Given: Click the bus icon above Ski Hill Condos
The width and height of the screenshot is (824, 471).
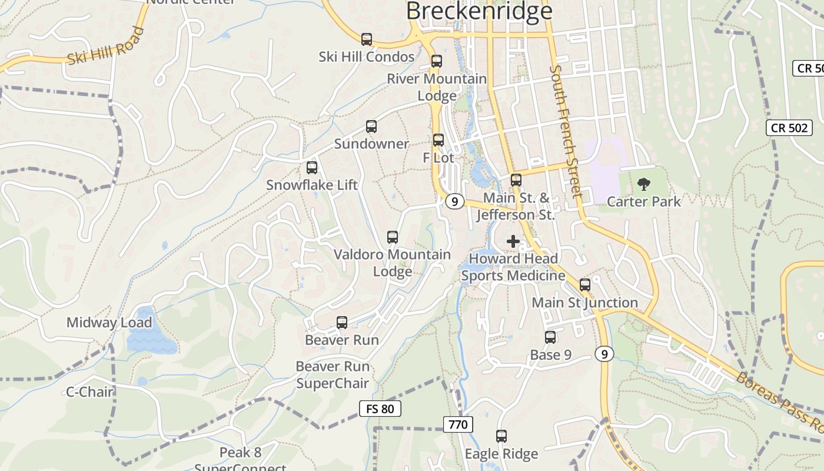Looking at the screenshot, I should (x=367, y=39).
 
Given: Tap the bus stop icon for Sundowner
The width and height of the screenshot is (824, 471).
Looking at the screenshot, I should (x=371, y=127).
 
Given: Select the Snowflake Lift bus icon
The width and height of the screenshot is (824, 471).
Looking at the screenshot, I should (x=312, y=168).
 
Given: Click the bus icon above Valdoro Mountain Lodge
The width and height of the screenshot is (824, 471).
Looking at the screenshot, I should (x=393, y=237).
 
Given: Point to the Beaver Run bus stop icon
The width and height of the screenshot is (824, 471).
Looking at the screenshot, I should (x=342, y=323).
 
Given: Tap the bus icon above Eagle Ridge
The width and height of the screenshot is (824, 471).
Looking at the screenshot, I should (x=501, y=436).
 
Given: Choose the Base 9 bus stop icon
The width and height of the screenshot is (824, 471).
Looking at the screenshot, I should (x=550, y=337).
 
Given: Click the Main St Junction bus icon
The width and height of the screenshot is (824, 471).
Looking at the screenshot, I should (x=585, y=285).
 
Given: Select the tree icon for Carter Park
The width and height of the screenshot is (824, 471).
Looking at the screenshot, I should (x=644, y=184).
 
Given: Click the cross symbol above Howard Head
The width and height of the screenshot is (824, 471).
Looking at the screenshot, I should (x=513, y=241).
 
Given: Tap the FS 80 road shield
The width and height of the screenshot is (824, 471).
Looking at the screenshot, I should (x=380, y=409).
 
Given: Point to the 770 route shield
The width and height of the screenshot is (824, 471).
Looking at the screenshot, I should (x=458, y=424).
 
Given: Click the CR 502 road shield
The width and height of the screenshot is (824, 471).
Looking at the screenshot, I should (x=789, y=128).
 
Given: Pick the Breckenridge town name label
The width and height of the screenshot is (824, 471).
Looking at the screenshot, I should (x=479, y=12).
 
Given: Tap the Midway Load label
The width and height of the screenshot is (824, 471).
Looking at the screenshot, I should (x=109, y=323).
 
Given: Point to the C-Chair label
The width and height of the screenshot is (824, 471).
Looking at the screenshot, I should (x=89, y=392).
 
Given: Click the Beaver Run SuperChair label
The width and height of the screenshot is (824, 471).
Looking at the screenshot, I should (x=333, y=375).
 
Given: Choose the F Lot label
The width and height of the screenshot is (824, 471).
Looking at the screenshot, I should (x=438, y=158).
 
